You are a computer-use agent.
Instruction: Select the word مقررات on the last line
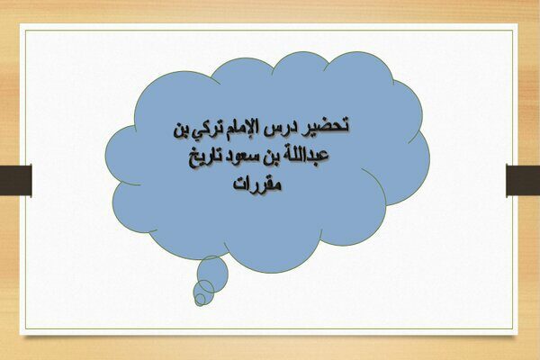pos(257,184)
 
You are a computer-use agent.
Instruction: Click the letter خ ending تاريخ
pos(193,160)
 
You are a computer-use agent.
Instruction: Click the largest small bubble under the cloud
pos(212,274)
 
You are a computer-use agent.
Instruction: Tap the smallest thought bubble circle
pos(200,299)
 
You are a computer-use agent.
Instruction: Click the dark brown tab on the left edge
pos(16,181)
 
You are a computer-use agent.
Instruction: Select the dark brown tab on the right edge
pos(523,181)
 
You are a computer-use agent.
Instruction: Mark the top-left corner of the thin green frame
pos(25,31)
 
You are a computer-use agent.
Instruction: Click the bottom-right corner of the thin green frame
pos(513,328)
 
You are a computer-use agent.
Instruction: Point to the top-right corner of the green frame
pos(513,31)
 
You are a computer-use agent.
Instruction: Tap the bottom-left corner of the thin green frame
pos(25,328)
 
